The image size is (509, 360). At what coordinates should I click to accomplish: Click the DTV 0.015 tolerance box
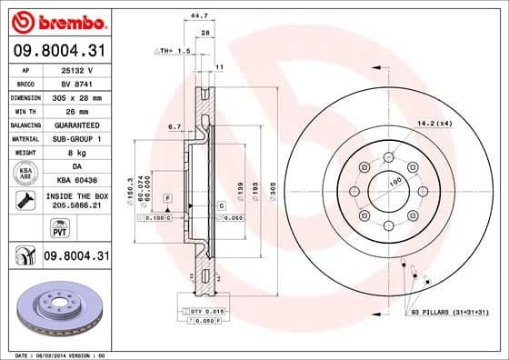coord(207,312)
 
